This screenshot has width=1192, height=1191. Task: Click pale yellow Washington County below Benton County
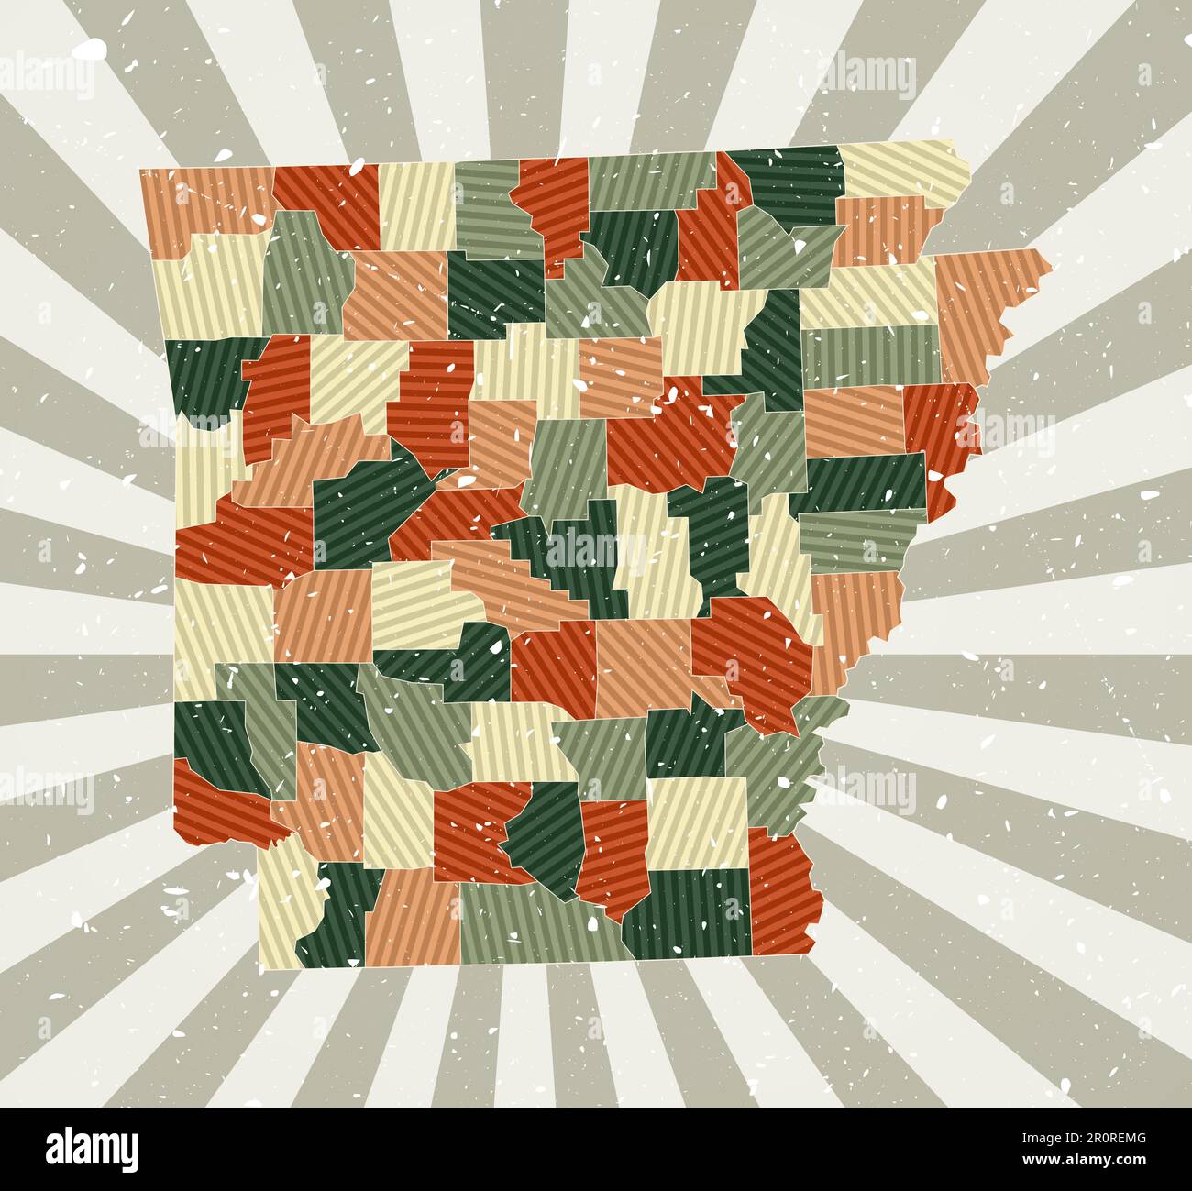pos(206,284)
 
